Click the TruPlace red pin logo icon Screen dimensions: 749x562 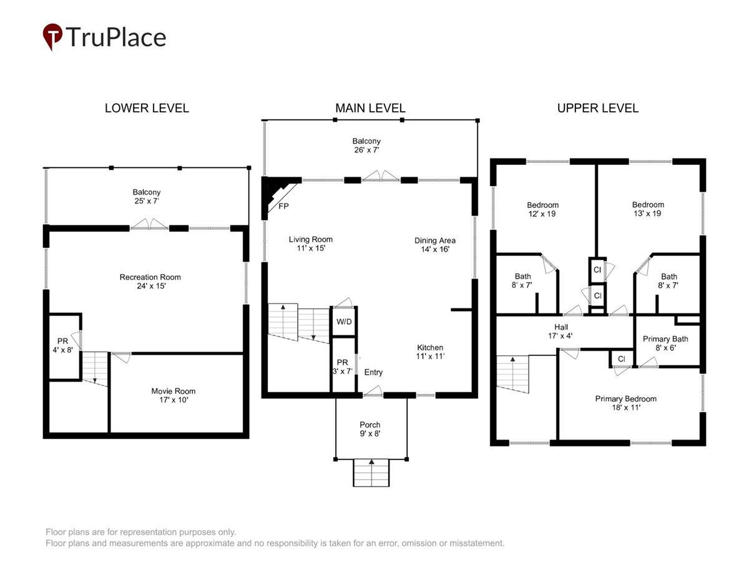pyautogui.click(x=52, y=36)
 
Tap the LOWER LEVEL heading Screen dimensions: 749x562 pyautogui.click(x=147, y=108)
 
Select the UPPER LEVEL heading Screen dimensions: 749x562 pyautogui.click(x=598, y=108)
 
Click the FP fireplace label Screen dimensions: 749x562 pyautogui.click(x=283, y=206)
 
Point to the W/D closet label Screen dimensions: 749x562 pyautogui.click(x=344, y=322)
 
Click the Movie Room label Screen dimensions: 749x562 pyautogui.click(x=174, y=391)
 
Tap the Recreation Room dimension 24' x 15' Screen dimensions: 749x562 pyautogui.click(x=151, y=286)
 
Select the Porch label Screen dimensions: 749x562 pyautogui.click(x=370, y=425)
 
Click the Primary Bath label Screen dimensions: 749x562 pyautogui.click(x=665, y=339)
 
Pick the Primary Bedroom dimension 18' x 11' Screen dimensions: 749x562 pyautogui.click(x=626, y=407)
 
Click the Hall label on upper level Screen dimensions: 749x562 pyautogui.click(x=561, y=327)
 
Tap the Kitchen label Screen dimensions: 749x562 pyautogui.click(x=430, y=347)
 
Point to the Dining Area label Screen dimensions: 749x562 pyautogui.click(x=434, y=240)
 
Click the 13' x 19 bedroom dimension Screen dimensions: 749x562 pyautogui.click(x=647, y=214)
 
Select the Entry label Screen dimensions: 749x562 pyautogui.click(x=373, y=372)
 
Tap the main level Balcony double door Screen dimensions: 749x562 pyautogui.click(x=381, y=175)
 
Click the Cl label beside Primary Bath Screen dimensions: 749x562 pyautogui.click(x=622, y=358)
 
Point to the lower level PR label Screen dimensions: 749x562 pyautogui.click(x=63, y=341)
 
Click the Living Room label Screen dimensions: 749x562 pyautogui.click(x=310, y=239)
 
